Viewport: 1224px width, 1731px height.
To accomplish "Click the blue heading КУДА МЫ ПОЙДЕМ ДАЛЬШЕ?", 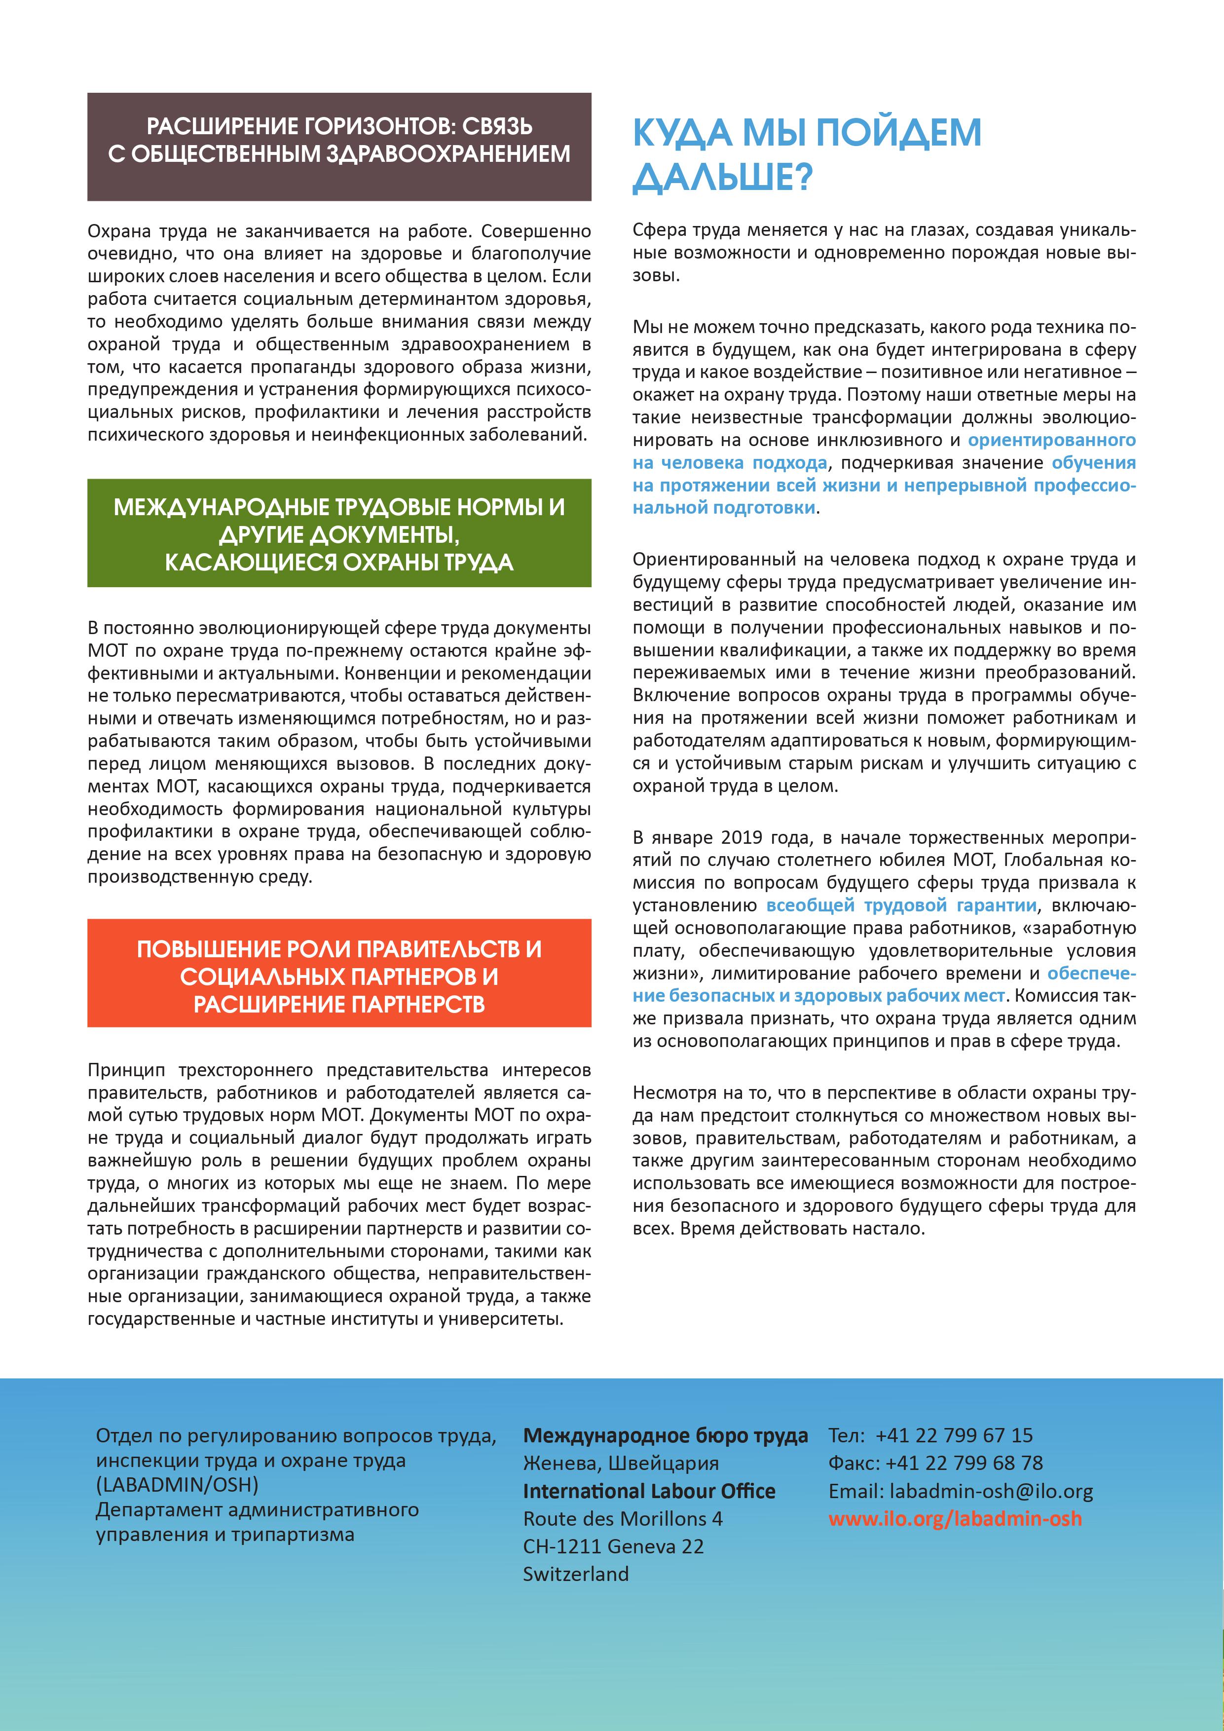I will pos(807,154).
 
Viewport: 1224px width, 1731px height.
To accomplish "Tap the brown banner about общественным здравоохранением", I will pos(339,147).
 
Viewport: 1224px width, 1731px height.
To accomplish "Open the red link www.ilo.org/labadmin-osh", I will pos(955,1518).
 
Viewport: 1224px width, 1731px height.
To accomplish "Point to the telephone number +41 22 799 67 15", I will pos(954,1435).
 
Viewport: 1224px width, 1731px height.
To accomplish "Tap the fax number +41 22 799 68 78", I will pos(964,1463).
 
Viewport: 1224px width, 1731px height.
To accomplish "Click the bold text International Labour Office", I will pos(649,1491).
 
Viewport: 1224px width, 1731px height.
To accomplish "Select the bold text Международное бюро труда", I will pos(666,1435).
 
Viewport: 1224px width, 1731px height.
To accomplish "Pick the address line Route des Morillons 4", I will pos(623,1518).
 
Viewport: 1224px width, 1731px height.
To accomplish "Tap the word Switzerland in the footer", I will pos(576,1574).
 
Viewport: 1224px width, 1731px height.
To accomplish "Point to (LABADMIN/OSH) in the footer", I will pos(177,1484).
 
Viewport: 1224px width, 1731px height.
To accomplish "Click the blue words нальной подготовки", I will pos(724,507).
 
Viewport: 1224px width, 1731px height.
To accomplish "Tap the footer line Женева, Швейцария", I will pos(621,1463).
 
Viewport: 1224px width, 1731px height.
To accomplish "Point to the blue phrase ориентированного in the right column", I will pos(1051,440).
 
